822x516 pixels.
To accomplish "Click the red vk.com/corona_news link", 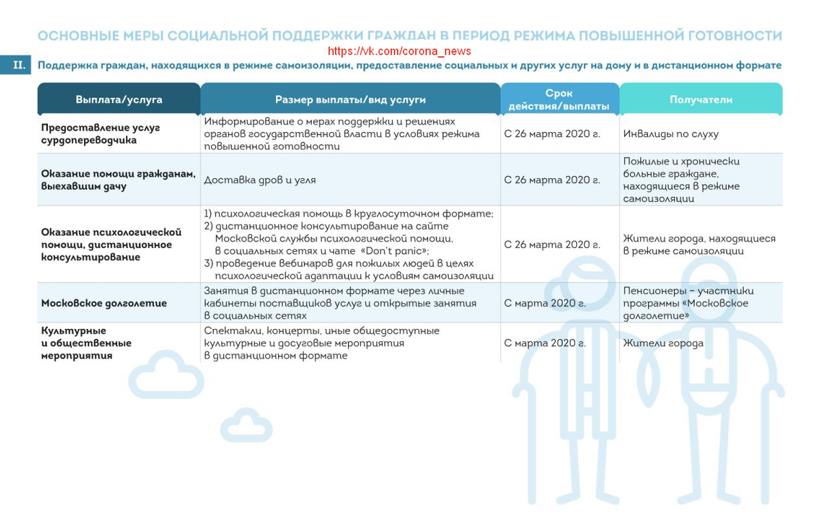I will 399,51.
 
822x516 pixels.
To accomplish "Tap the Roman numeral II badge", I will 18,65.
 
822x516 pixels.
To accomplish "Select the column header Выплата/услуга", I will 119,99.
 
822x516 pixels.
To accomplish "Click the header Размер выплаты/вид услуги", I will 350,99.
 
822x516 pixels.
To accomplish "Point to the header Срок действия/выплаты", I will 559,99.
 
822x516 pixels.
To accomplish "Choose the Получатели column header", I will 701,99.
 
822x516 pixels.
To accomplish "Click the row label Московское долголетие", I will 103,303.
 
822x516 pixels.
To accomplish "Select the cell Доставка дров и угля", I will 260,180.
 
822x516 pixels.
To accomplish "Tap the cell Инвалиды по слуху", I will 671,134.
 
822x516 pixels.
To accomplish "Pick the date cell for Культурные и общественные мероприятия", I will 545,343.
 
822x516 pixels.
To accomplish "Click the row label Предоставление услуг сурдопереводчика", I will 101,134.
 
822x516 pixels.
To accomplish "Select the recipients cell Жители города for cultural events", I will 663,343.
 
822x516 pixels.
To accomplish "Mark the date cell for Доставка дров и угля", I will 551,180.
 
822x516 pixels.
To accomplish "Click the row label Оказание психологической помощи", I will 111,245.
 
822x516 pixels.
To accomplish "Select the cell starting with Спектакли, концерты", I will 321,343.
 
